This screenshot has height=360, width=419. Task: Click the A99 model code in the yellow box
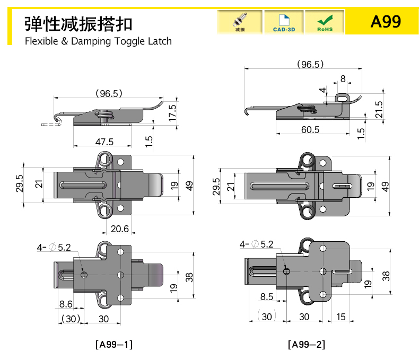tap(386, 22)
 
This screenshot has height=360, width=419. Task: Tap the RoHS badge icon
tap(325, 22)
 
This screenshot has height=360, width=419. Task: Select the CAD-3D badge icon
tap(284, 22)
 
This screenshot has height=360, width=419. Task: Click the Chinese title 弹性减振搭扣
tap(78, 23)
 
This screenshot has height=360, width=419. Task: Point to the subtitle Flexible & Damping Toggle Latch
tap(98, 41)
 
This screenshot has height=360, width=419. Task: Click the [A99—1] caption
tap(114, 345)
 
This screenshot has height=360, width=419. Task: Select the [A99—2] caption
tap(307, 345)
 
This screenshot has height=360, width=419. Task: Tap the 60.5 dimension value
tap(310, 129)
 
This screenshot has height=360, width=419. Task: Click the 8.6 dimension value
tap(66, 304)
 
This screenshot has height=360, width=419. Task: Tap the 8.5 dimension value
tap(267, 297)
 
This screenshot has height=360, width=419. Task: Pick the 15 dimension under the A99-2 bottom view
tap(341, 317)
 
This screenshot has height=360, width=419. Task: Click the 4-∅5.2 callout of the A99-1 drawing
tap(54, 247)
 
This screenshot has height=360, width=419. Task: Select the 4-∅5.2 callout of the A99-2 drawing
tap(256, 244)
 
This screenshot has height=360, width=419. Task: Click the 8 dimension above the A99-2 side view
tap(343, 78)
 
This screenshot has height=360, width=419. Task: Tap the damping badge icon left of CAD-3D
tap(239, 22)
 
